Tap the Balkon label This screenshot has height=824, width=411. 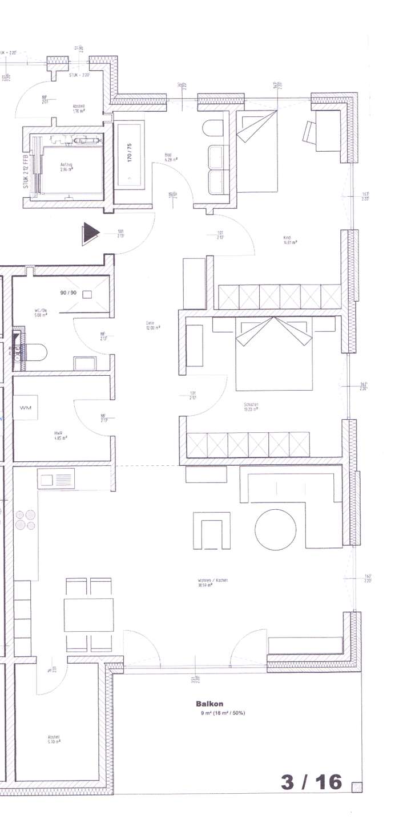click(206, 704)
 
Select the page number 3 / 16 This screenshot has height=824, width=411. click(312, 782)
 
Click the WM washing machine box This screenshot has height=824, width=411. click(25, 408)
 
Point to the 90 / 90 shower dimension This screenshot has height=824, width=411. click(68, 293)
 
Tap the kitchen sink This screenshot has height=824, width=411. click(56, 478)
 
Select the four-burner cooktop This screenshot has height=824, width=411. click(26, 520)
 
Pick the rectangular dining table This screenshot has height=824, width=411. click(88, 615)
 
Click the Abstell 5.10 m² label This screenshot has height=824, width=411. click(54, 740)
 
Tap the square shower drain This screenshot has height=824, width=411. click(87, 294)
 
